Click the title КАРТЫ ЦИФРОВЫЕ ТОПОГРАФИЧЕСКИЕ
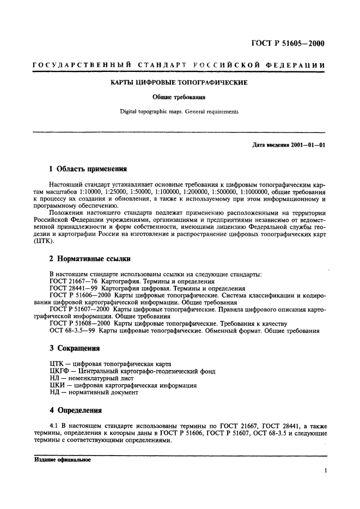tap(180, 83)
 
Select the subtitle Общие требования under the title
tap(180, 98)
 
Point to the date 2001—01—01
tap(306, 146)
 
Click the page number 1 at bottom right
tap(325, 470)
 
